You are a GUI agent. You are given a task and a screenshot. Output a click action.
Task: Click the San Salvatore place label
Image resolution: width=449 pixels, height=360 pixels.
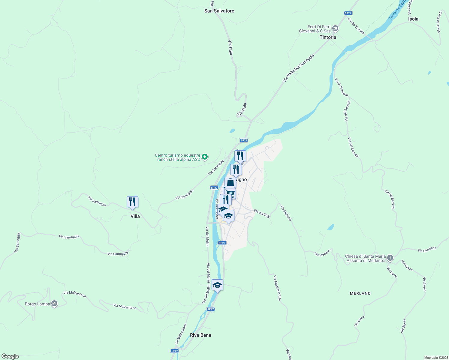(x=219, y=11)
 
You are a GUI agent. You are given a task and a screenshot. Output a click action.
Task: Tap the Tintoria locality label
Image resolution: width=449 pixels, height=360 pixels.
(x=328, y=37)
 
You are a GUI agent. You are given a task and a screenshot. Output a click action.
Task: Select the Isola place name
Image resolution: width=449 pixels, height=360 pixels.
(x=413, y=19)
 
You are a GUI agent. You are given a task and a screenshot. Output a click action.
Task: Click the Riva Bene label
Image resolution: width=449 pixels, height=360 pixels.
(x=200, y=335)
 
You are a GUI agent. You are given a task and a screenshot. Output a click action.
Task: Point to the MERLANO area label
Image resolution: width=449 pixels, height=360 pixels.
(x=360, y=293)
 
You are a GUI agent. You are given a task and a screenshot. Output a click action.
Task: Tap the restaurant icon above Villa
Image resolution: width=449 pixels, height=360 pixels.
(x=132, y=202)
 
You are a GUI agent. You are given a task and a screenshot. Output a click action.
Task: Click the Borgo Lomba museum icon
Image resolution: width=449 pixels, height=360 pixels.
(x=54, y=304)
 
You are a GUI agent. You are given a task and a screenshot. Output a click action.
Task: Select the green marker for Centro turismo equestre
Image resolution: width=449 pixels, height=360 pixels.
(x=205, y=157)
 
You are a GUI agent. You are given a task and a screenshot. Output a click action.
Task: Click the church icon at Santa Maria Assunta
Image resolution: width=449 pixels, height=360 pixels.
(x=390, y=258)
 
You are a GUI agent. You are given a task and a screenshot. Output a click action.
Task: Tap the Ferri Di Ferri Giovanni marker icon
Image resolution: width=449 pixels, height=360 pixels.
(x=335, y=29)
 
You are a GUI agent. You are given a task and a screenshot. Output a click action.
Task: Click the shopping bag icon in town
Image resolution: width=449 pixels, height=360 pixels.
(x=230, y=182)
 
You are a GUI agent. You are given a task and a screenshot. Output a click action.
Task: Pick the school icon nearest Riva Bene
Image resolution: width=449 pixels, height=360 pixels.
(x=217, y=285)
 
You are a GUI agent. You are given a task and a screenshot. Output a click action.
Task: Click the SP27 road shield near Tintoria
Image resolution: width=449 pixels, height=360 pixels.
(x=348, y=13)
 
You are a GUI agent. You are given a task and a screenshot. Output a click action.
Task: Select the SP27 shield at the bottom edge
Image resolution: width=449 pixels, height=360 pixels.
(x=175, y=351)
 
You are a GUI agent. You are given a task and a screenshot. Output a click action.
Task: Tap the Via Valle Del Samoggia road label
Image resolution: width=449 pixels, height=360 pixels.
(x=298, y=68)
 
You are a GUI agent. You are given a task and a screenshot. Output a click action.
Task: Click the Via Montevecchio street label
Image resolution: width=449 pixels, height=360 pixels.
(x=277, y=288)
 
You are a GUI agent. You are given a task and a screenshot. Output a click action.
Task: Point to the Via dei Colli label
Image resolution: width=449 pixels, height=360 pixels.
(x=262, y=213)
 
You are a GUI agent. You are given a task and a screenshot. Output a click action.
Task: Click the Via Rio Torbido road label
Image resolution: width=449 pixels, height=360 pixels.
(x=356, y=26)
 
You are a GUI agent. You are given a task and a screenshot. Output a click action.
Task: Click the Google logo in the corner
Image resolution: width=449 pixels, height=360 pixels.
(x=10, y=356)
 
